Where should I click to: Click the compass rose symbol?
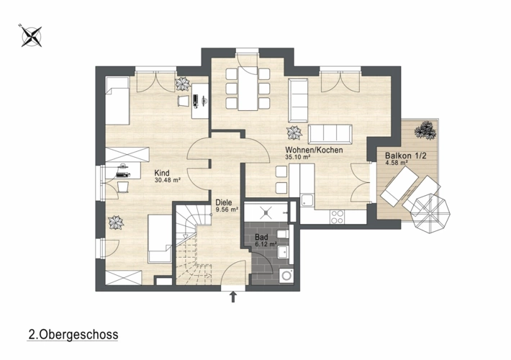(31, 36)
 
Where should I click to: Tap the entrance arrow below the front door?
(233, 297)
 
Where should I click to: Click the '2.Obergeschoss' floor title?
(73, 335)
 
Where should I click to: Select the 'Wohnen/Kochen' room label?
(314, 150)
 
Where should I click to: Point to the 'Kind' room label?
(162, 173)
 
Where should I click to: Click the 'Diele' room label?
(224, 202)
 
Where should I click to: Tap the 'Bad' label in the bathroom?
(261, 237)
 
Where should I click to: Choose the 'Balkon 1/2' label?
(406, 156)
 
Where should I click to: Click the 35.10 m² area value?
(297, 157)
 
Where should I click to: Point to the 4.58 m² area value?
(397, 163)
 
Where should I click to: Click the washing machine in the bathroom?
(287, 276)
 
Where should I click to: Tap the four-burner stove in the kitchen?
(337, 217)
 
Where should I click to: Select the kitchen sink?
(307, 201)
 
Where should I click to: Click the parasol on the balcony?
(430, 214)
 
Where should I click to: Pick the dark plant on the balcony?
(425, 130)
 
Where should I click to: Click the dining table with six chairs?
(248, 89)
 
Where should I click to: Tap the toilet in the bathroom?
(282, 234)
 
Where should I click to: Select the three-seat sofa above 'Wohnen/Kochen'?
(330, 134)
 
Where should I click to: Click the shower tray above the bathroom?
(266, 212)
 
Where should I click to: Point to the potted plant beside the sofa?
(294, 133)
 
